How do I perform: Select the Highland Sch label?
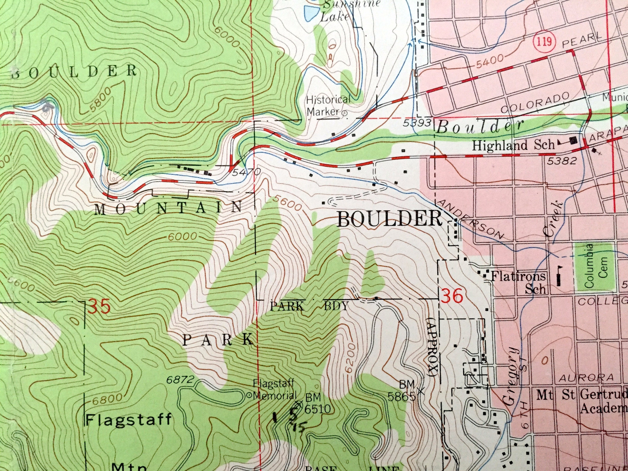tap(513, 145)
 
